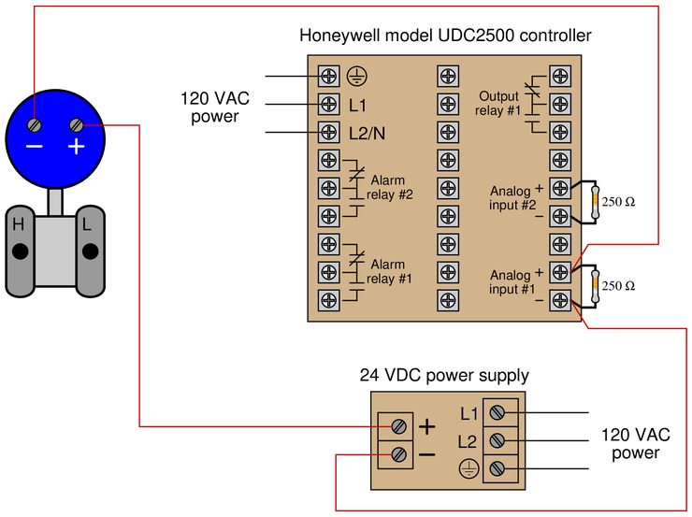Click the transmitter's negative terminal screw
(x=35, y=124)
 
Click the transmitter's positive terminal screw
(x=78, y=124)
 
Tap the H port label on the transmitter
(x=18, y=224)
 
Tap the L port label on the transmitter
(x=86, y=224)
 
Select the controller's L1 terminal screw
(x=328, y=104)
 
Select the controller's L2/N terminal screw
(x=328, y=132)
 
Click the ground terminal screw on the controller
(x=328, y=76)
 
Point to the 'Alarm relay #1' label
(x=387, y=271)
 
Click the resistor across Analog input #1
(x=595, y=285)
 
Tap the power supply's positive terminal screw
(x=398, y=426)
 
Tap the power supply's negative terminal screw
(x=398, y=455)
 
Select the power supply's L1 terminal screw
(x=498, y=412)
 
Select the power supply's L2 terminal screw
(x=498, y=440)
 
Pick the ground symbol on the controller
(x=355, y=76)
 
